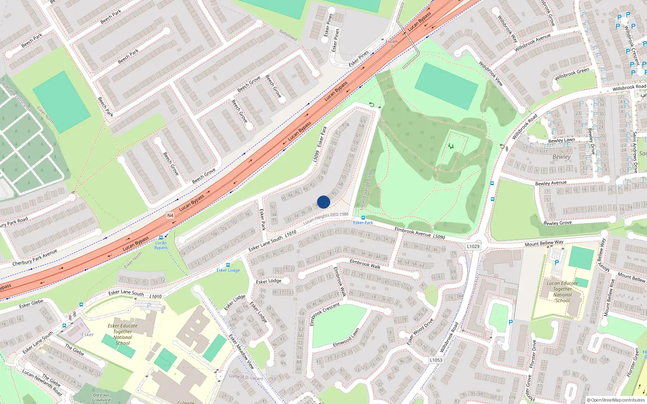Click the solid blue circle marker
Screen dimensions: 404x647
(x=323, y=202)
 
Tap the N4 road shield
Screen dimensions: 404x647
(x=170, y=215)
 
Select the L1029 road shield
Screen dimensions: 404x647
(x=473, y=246)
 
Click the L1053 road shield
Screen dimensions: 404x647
(x=436, y=360)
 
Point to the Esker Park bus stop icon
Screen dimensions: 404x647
(x=363, y=217)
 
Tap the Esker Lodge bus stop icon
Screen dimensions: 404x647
(x=228, y=265)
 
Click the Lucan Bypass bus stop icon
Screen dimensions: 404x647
(x=161, y=238)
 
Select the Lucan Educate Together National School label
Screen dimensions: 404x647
(x=562, y=292)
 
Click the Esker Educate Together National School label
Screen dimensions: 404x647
(x=123, y=334)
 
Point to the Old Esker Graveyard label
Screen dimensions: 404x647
(x=101, y=398)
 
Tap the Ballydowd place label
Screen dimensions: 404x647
(x=288, y=35)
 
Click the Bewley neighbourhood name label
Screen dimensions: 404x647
(x=562, y=157)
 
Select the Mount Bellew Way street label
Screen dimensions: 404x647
(x=544, y=243)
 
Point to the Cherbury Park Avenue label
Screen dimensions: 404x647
(x=35, y=258)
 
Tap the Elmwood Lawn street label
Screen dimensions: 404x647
(x=346, y=338)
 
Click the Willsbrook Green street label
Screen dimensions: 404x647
(x=572, y=74)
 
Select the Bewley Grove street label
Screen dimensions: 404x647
(x=558, y=223)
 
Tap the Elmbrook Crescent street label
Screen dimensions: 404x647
(x=325, y=314)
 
